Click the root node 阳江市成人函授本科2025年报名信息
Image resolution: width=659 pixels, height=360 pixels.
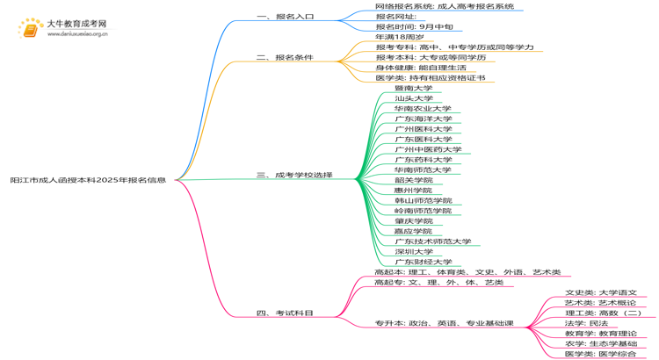point(88,180)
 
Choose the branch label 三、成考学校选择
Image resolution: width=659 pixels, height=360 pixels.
point(294,176)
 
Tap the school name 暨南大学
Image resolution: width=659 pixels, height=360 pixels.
point(414,89)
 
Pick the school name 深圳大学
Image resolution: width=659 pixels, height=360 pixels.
point(414,252)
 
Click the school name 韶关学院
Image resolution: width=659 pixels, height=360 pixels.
point(414,180)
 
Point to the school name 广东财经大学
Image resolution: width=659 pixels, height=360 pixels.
point(424,262)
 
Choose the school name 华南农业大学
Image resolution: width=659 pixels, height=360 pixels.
point(424,109)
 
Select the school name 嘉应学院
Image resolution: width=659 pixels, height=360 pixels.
point(414,231)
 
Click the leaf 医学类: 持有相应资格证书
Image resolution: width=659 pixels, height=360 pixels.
point(431,78)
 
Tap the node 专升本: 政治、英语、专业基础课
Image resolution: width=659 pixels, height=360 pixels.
point(444,324)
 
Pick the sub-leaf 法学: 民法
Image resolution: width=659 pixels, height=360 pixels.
point(586,324)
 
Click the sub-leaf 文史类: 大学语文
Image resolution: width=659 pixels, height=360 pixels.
point(601,293)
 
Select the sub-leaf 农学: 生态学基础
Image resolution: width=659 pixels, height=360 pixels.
point(601,344)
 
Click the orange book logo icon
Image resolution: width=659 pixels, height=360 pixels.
point(31,30)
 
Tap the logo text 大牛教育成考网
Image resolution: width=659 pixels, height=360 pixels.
point(76,24)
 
